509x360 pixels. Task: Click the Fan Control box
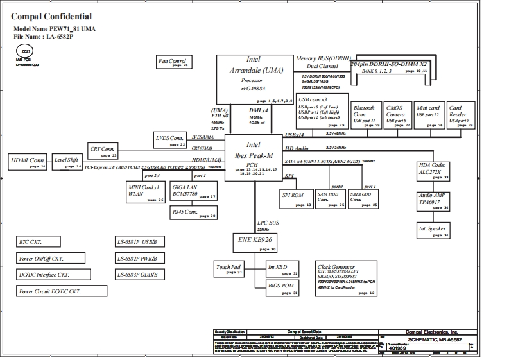[173, 62]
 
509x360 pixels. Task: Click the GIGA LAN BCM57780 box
[193, 191]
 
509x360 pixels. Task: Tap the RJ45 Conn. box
[193, 212]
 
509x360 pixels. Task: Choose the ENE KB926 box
[254, 242]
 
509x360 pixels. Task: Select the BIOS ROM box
[282, 287]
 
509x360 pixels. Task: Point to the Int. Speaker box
[433, 230]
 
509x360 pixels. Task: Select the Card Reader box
[460, 115]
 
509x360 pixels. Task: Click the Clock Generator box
[347, 279]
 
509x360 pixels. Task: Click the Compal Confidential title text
[52, 16]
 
